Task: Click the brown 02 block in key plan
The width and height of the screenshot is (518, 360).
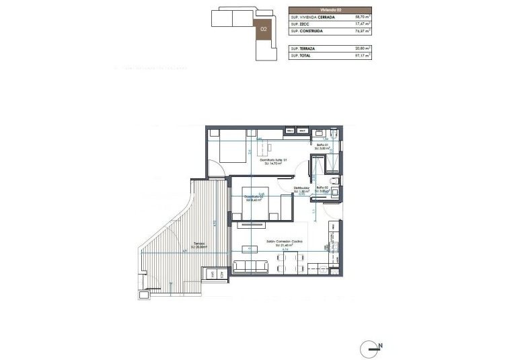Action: (264, 29)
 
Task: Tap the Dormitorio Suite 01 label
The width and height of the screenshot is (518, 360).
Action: (275, 161)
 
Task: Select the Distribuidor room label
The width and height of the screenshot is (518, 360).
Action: (301, 188)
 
